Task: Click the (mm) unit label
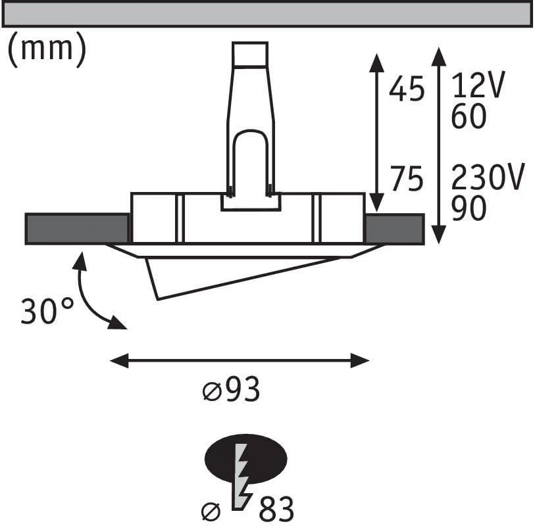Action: pyautogui.click(x=47, y=49)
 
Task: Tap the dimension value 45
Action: pyautogui.click(x=407, y=89)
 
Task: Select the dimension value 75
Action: pyautogui.click(x=407, y=179)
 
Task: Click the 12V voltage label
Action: pyautogui.click(x=478, y=85)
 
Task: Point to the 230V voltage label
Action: pyautogui.click(x=488, y=178)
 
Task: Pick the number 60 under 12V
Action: pyautogui.click(x=469, y=116)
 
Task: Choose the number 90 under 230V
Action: pyautogui.click(x=469, y=208)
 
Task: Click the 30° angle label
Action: pyautogui.click(x=47, y=310)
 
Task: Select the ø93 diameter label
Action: pyautogui.click(x=231, y=389)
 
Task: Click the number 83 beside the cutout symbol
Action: pyautogui.click(x=276, y=509)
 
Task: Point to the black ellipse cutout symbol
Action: pyautogui.click(x=245, y=458)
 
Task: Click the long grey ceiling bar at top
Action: pyautogui.click(x=267, y=14)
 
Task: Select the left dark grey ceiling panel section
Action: pyautogui.click(x=77, y=229)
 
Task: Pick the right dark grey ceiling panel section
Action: pyautogui.click(x=395, y=229)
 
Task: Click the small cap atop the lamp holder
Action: pyautogui.click(x=250, y=55)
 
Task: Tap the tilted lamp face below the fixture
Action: pyautogui.click(x=239, y=278)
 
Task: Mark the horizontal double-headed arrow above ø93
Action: pyautogui.click(x=240, y=360)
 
